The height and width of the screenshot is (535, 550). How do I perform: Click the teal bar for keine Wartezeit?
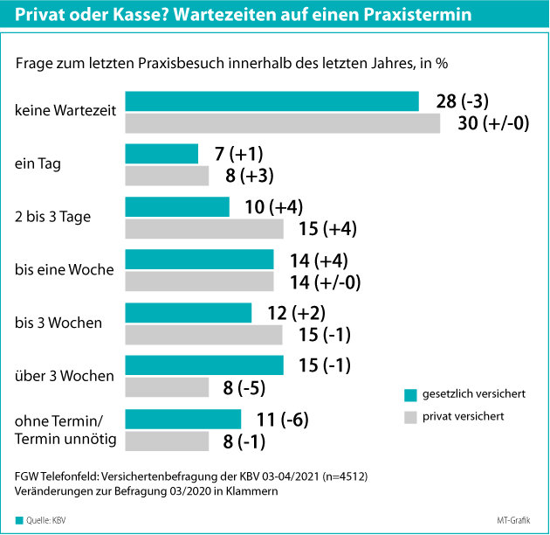(x=272, y=101)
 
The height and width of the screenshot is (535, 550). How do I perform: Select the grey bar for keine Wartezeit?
(x=283, y=123)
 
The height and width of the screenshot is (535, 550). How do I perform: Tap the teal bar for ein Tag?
(x=162, y=154)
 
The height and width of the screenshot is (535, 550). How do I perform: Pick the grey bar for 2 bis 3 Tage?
(x=204, y=229)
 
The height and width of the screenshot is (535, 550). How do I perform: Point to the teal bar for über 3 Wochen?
(x=204, y=365)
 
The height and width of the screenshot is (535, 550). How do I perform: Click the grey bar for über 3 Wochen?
(x=168, y=386)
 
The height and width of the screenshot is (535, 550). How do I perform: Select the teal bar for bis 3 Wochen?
(x=189, y=312)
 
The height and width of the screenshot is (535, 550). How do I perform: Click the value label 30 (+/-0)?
(x=494, y=123)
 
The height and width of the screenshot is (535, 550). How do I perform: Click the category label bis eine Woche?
(x=65, y=269)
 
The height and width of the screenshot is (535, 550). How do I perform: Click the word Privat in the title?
(x=41, y=16)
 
